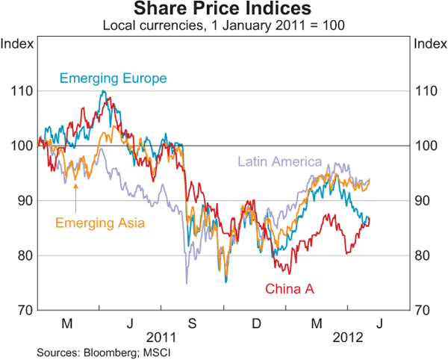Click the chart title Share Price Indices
point(223,10)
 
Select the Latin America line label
point(279,161)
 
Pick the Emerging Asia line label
point(100,221)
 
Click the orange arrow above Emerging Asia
point(75,187)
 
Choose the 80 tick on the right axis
point(423,255)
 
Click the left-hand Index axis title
point(17,43)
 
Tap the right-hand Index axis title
point(429,43)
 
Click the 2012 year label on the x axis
point(346,337)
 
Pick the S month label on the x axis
point(191,323)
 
